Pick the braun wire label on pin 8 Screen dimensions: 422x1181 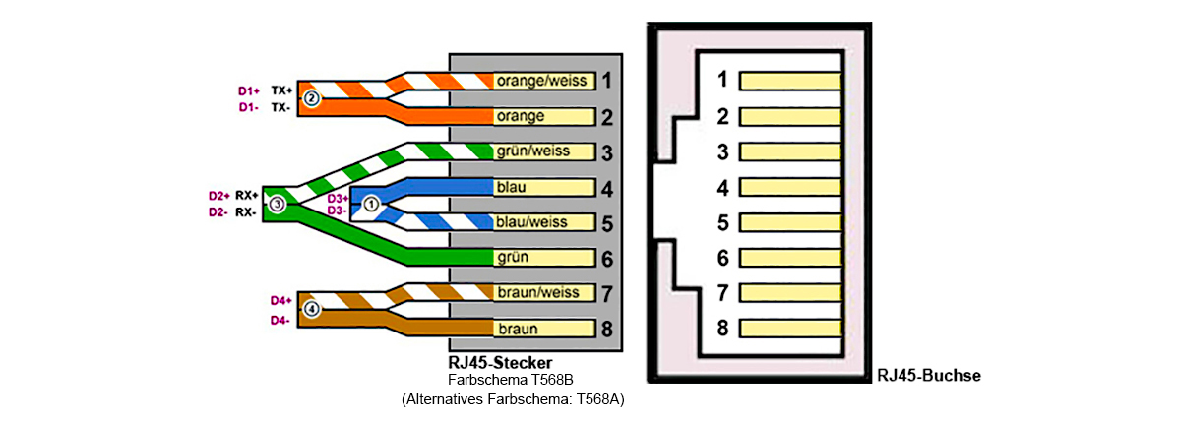coord(518,329)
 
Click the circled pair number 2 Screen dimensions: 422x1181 coord(311,98)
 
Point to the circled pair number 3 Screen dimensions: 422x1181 coord(278,204)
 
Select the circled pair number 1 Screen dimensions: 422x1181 coord(370,204)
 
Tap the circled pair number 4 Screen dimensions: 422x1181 coord(312,309)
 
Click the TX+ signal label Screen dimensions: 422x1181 coord(280,90)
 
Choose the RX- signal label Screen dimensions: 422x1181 coord(247,211)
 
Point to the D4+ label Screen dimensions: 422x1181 coord(281,300)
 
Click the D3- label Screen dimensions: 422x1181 coord(337,210)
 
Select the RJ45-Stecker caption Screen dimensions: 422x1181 coord(500,363)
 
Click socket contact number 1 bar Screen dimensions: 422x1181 coord(789,80)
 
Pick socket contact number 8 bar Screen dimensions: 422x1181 coord(789,328)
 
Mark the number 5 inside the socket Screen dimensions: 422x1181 coord(722,222)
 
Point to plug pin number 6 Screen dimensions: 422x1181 coord(607,258)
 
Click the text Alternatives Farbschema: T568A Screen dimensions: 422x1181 coord(513,400)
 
